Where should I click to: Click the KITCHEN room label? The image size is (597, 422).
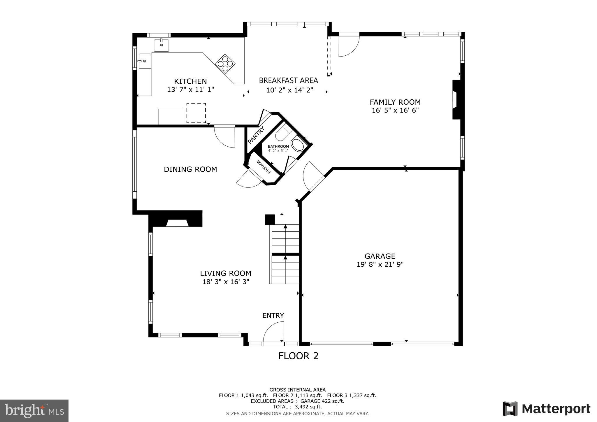(x=190, y=81)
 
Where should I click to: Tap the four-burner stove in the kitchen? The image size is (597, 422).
(x=225, y=63)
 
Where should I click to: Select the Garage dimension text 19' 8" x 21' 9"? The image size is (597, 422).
(x=380, y=264)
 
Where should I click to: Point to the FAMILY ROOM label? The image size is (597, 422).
(x=395, y=102)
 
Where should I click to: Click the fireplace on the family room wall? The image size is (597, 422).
(x=456, y=100)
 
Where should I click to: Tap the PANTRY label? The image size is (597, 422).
(x=256, y=135)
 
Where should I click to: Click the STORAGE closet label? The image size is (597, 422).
(x=264, y=166)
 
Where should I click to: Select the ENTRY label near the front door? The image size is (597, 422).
(x=273, y=315)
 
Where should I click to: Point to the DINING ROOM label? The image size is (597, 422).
(x=190, y=169)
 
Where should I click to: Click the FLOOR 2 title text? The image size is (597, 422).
(x=298, y=356)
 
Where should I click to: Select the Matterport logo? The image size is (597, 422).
(x=546, y=409)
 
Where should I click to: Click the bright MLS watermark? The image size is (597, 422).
(x=34, y=411)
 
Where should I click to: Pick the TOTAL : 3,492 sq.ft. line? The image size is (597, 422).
(x=297, y=407)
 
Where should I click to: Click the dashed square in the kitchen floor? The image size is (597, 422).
(x=196, y=113)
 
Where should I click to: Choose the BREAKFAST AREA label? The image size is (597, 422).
(x=288, y=80)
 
